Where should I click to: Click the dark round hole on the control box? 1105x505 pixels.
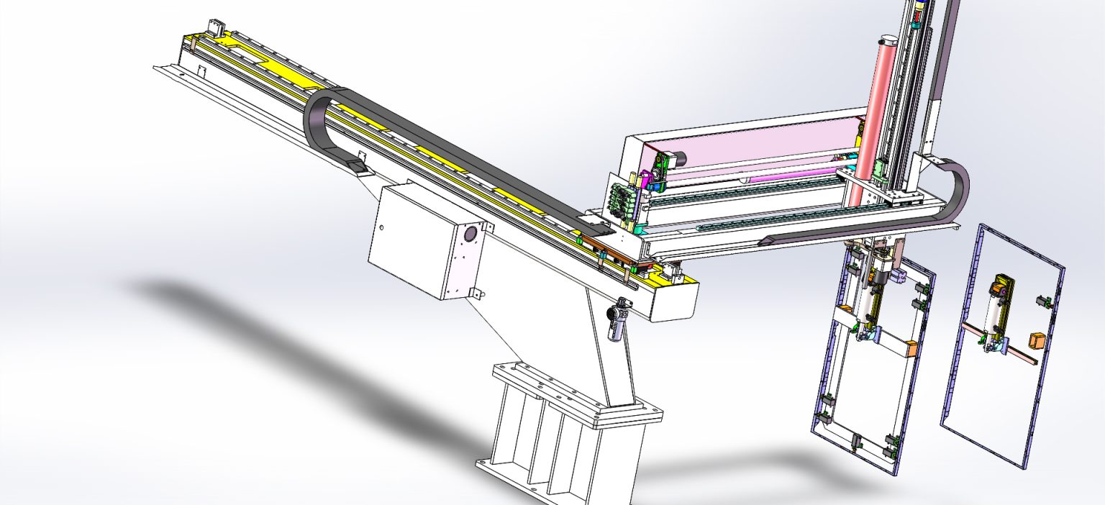(x=472, y=234)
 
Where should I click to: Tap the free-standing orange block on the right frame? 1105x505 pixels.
(x=1037, y=340)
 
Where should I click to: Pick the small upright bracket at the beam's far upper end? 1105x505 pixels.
(x=214, y=29)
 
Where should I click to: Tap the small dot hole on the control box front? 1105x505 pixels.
(x=382, y=228)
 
